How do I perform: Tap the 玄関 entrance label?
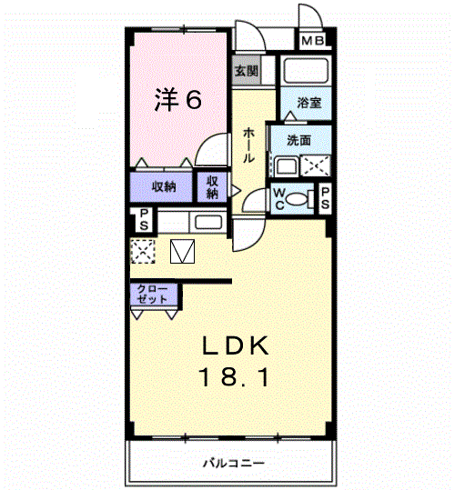pos(246,71)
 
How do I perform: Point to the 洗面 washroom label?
pos(298,141)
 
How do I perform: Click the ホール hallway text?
pos(248,145)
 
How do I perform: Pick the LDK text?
pos(234,345)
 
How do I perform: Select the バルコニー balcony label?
pos(234,464)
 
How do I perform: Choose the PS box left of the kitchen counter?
pos(143,219)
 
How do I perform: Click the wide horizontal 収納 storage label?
pos(164,187)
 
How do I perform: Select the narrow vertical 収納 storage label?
pos(212,187)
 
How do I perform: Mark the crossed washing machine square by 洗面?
pos(315,166)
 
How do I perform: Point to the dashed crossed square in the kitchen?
pos(142,250)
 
